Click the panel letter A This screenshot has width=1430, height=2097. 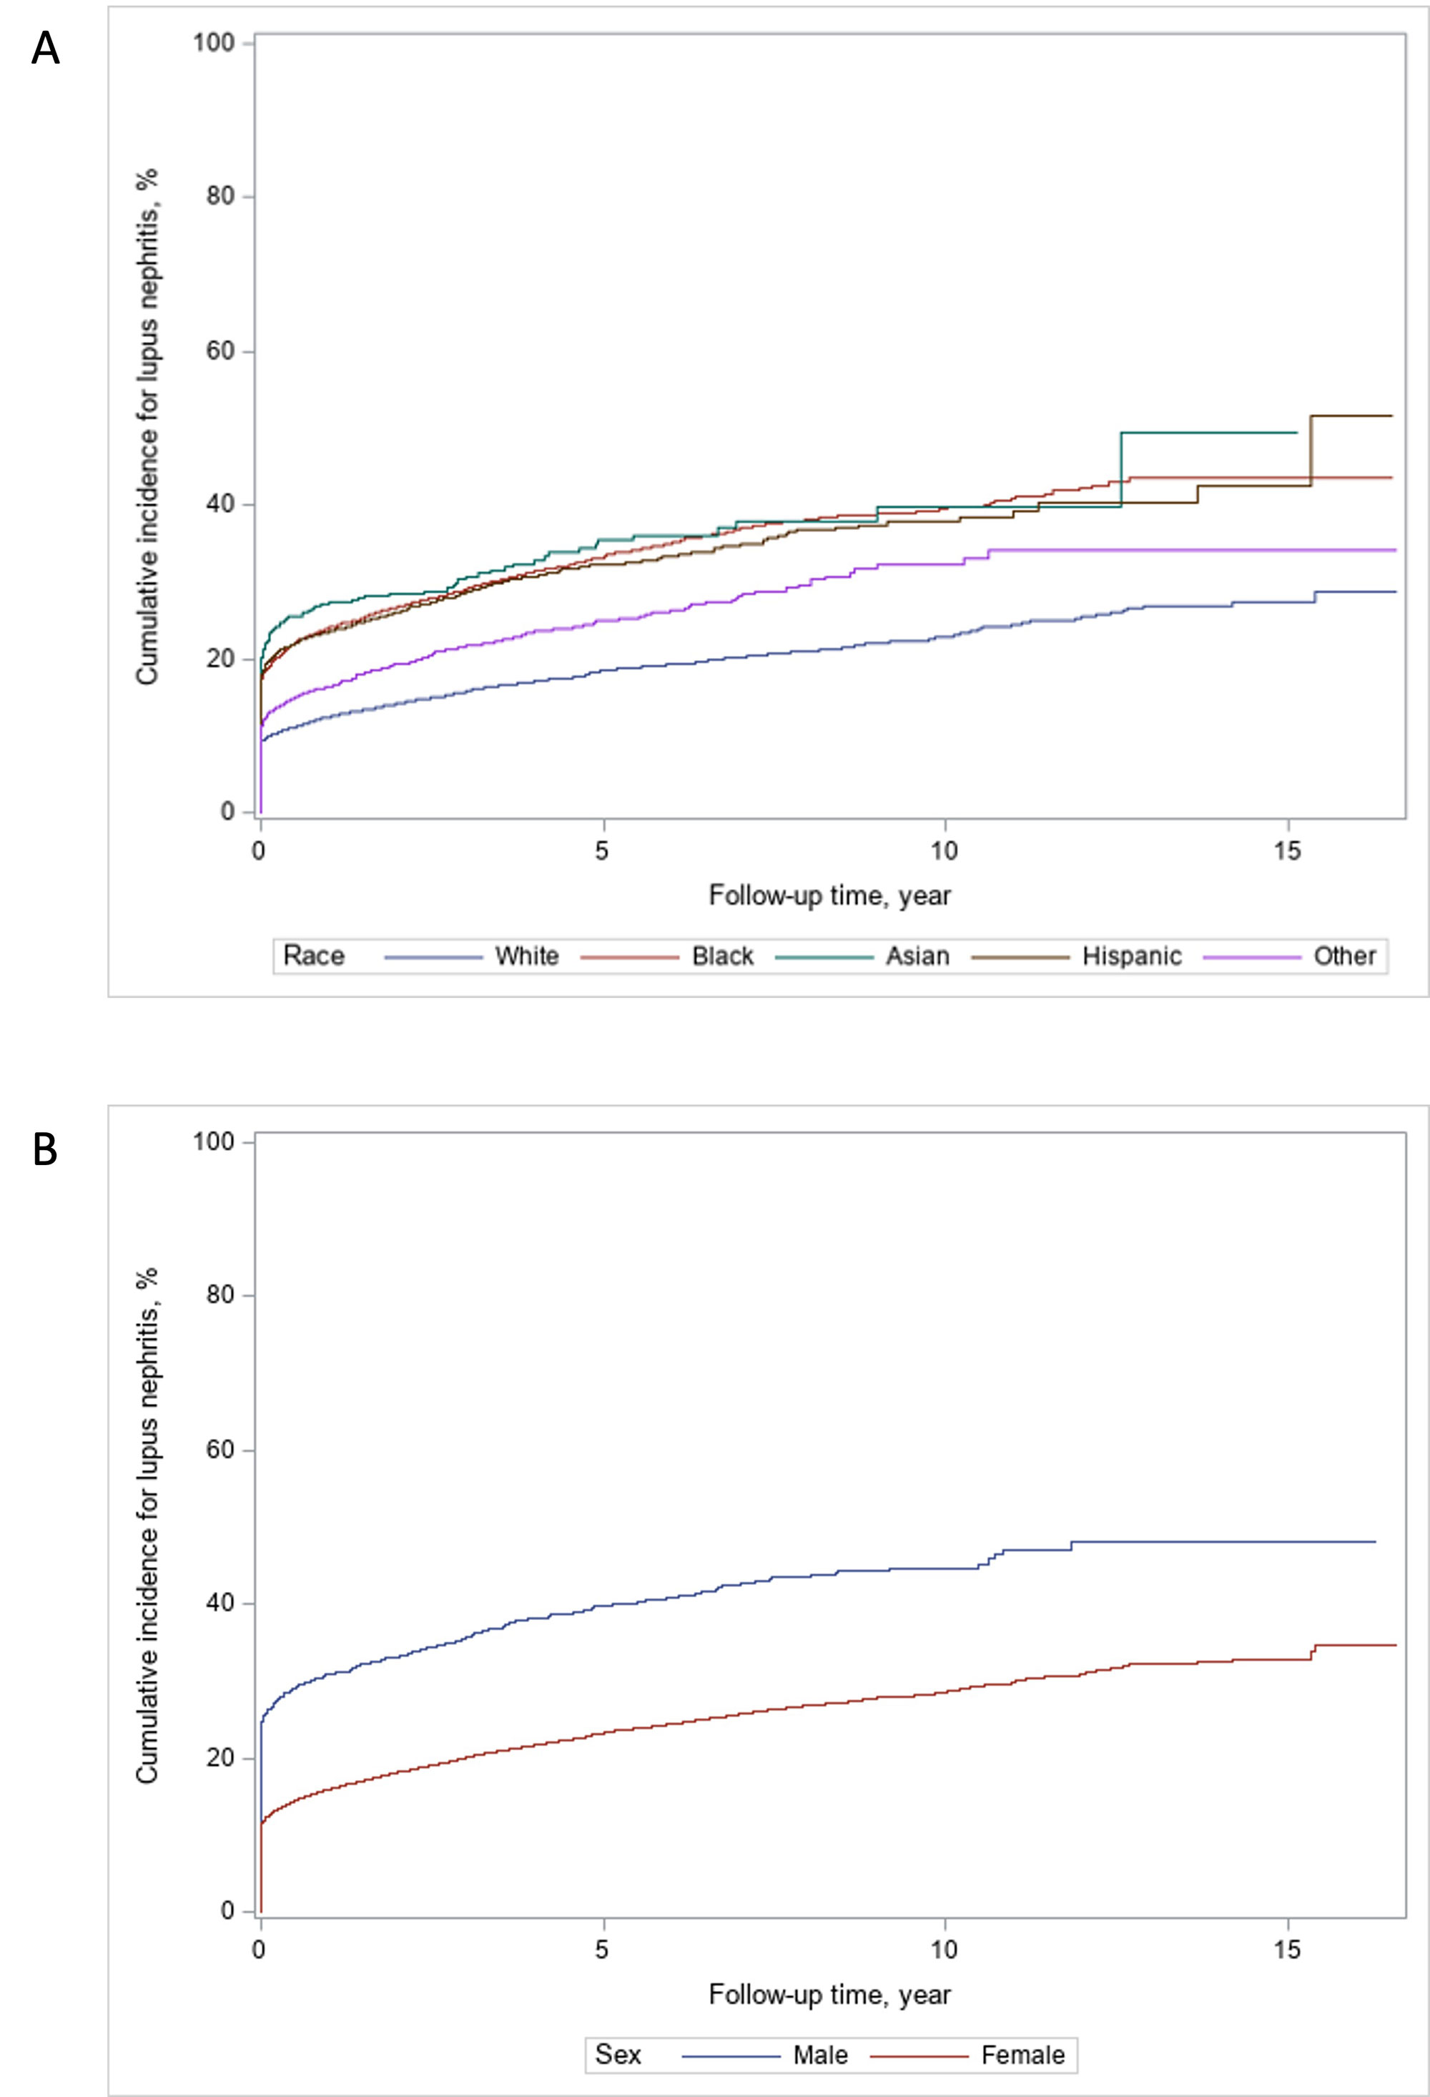coord(45,49)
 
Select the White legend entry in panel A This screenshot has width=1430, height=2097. coord(526,956)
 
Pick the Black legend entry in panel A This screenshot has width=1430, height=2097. coord(721,956)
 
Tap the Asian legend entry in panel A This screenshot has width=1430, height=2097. coord(917,956)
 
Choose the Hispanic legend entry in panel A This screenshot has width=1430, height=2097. coord(1131,956)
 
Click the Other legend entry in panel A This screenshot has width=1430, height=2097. coord(1344,956)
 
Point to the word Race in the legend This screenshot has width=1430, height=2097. coord(313,956)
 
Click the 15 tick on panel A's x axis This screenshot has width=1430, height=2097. coord(1288,852)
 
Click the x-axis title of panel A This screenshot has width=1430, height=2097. coord(829,896)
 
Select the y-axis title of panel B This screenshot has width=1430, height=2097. coord(148,1525)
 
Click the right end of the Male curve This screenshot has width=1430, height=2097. coord(1374,1542)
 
